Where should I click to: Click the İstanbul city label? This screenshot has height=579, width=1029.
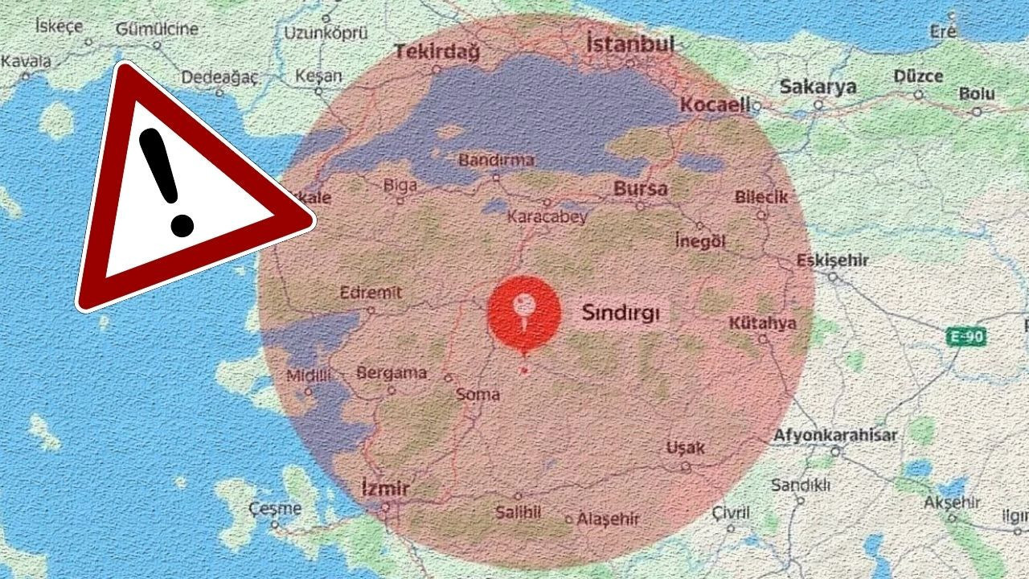(x=629, y=44)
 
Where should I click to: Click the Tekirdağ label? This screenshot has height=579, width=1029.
(x=437, y=53)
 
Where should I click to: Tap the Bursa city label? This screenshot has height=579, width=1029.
(x=641, y=190)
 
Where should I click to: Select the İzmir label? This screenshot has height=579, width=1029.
(x=386, y=488)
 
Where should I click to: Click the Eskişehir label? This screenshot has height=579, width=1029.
(x=832, y=261)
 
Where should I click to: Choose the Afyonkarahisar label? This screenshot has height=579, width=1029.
(x=835, y=435)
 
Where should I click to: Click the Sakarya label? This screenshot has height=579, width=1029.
(x=818, y=87)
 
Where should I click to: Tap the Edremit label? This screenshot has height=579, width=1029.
(x=371, y=293)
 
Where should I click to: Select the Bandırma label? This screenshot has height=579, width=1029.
(x=496, y=160)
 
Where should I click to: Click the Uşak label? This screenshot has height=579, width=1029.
(x=685, y=448)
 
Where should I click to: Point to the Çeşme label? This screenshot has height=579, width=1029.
(x=275, y=508)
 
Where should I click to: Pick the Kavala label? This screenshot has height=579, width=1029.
(x=27, y=61)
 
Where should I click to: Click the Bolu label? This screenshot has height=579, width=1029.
(x=976, y=94)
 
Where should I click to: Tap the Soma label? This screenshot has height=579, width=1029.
(x=478, y=394)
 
